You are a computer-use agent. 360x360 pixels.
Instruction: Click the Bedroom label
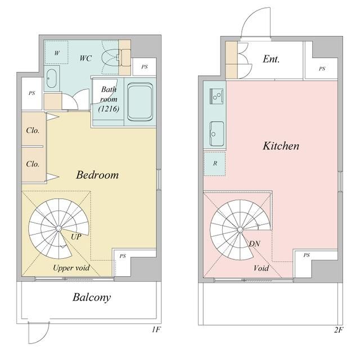pyautogui.click(x=97, y=175)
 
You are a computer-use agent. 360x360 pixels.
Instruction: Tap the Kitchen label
pyautogui.click(x=281, y=146)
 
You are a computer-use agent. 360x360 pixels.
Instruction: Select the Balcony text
pyautogui.click(x=92, y=298)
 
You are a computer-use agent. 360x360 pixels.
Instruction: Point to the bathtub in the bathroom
pyautogui.click(x=140, y=102)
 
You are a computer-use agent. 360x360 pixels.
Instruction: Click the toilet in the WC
pyautogui.click(x=110, y=57)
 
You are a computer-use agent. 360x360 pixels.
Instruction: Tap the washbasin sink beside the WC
pyautogui.click(x=51, y=78)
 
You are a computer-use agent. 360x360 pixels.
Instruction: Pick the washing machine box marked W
pyautogui.click(x=56, y=52)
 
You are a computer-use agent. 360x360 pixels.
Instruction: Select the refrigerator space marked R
pyautogui.click(x=215, y=164)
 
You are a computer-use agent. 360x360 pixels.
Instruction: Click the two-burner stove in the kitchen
pyautogui.click(x=217, y=96)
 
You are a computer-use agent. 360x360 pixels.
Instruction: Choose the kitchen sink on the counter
pyautogui.click(x=217, y=134)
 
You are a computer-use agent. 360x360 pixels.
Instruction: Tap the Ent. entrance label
pyautogui.click(x=271, y=59)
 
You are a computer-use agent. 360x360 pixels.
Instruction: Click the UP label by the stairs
pyautogui.click(x=76, y=237)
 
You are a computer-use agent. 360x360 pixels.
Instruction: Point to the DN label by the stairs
pyautogui.click(x=255, y=244)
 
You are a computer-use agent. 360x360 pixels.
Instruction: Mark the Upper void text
pyautogui.click(x=71, y=268)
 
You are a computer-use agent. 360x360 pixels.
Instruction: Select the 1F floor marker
pyautogui.click(x=156, y=330)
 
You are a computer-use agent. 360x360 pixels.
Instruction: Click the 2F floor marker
pyautogui.click(x=339, y=330)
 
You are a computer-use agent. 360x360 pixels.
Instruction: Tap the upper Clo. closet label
pyautogui.click(x=33, y=130)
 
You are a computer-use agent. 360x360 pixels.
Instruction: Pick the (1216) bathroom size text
pyautogui.click(x=109, y=109)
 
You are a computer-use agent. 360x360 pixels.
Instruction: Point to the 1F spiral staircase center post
pyautogui.click(x=58, y=229)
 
